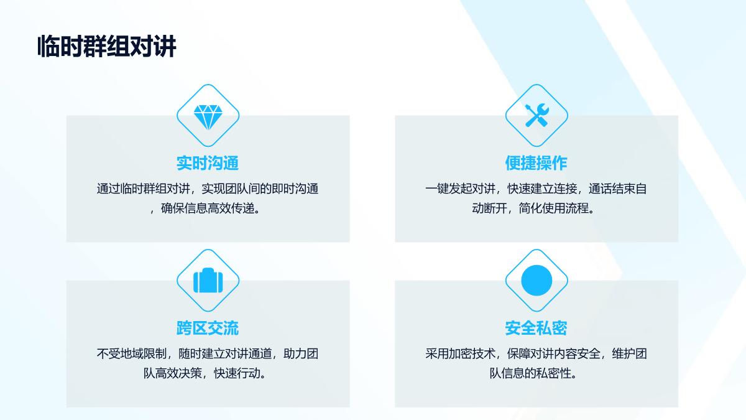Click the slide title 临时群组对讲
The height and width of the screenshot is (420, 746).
click(x=106, y=46)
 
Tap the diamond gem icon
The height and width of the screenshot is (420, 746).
click(x=208, y=117)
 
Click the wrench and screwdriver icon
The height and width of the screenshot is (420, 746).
click(x=536, y=115)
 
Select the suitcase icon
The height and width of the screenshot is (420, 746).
click(x=208, y=281)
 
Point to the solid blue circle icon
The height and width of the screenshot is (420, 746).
click(x=536, y=281)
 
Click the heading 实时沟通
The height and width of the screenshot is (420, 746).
click(x=208, y=163)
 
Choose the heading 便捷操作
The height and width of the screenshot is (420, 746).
click(x=536, y=163)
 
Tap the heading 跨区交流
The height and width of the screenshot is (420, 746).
click(x=208, y=328)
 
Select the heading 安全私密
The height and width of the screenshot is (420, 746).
click(x=536, y=328)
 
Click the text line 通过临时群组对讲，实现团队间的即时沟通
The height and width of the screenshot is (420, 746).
click(x=208, y=189)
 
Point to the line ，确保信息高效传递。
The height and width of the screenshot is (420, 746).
click(x=206, y=208)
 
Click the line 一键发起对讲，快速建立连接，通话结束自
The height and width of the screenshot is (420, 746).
click(x=536, y=189)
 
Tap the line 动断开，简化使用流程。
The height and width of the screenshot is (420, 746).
click(x=533, y=208)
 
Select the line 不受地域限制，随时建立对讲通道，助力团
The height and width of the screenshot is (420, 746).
click(x=208, y=353)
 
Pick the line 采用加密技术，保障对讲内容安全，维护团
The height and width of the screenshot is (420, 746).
click(x=536, y=353)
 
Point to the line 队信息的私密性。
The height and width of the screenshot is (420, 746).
click(x=533, y=373)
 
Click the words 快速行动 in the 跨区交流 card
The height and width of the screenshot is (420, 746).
click(x=237, y=373)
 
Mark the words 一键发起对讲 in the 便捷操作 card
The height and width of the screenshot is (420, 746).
click(x=460, y=189)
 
